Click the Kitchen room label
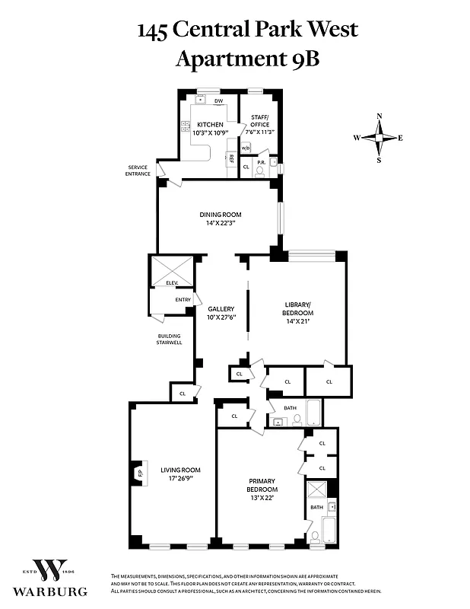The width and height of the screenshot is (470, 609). tap(210, 124)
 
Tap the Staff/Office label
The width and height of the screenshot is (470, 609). tap(260, 120)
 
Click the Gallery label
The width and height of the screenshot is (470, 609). tap(221, 309)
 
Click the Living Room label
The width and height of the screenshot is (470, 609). tap(180, 470)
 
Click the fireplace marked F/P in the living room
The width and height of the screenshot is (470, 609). tap(139, 473)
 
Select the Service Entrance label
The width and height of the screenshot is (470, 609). tap(138, 171)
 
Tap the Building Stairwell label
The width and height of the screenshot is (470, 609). tap(170, 340)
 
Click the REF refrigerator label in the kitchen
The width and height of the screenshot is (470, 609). tap(231, 159)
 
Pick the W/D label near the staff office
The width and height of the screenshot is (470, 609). tap(246, 148)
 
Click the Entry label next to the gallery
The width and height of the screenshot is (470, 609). tap(183, 299)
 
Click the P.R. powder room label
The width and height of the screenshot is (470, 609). tap(260, 163)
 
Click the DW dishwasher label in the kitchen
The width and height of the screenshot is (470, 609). tap(218, 100)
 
